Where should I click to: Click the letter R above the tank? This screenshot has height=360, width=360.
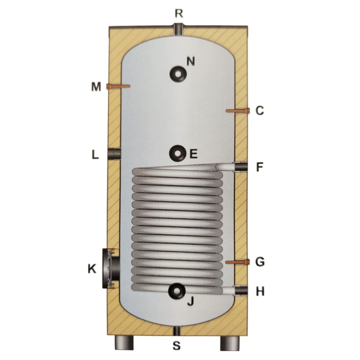179,14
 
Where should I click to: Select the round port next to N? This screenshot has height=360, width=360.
178,74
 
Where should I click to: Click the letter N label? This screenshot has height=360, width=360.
191,62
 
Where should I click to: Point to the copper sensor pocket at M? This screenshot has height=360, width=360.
118,86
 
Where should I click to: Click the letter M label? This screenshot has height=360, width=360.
96,87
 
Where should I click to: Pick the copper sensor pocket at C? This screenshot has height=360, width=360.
238,111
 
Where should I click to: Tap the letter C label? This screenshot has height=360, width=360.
260,110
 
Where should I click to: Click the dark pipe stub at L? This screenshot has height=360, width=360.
114,154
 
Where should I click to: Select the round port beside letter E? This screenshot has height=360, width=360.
178,154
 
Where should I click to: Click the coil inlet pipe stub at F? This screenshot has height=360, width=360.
241,166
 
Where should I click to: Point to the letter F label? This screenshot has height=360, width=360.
259,167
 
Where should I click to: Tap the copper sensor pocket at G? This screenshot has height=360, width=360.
238,262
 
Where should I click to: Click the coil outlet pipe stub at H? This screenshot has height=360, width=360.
241,290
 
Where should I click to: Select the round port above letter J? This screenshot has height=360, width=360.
177,291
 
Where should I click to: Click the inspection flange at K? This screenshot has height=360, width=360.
111,268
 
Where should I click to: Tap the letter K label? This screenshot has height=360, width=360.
92,269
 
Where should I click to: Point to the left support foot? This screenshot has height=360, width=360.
124,343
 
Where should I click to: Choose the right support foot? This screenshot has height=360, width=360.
230,343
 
